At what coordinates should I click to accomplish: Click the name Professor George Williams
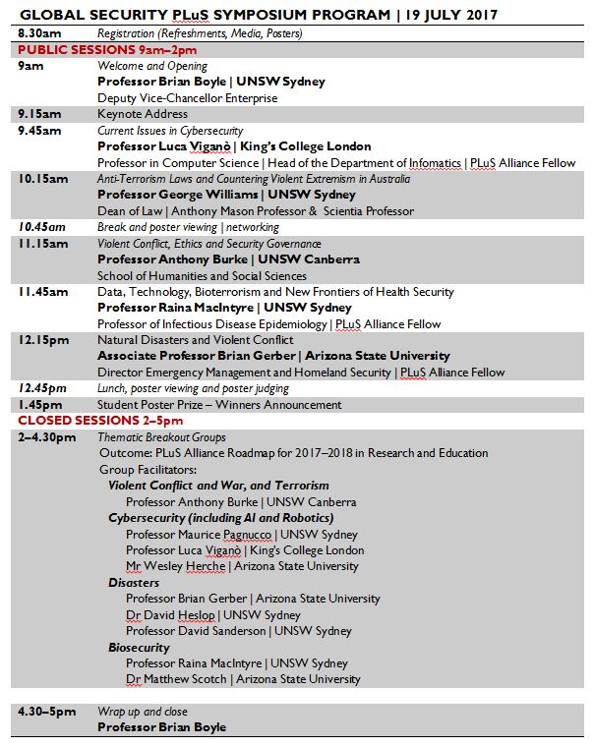(x=173, y=195)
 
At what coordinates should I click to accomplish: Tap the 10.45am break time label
(x=42, y=227)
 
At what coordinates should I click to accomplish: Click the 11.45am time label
(x=43, y=292)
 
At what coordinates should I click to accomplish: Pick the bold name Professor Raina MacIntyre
(x=176, y=308)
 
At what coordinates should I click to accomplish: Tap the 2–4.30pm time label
(x=46, y=436)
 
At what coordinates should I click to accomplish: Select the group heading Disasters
(x=134, y=583)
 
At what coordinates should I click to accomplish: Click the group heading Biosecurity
(x=139, y=648)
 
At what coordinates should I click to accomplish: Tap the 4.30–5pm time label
(x=46, y=712)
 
